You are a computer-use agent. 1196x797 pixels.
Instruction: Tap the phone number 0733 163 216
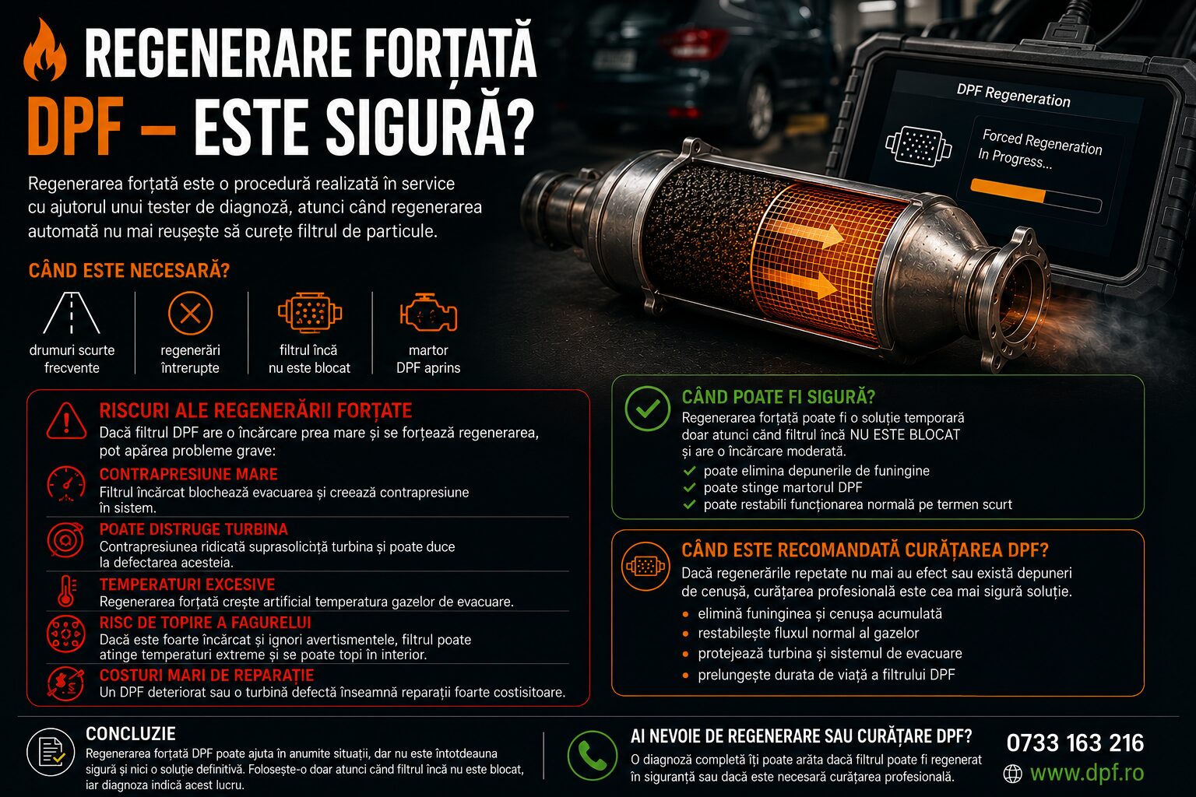(1075, 743)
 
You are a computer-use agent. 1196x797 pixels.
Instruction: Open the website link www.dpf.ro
(1086, 772)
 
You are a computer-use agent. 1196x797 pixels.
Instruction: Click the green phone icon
(592, 756)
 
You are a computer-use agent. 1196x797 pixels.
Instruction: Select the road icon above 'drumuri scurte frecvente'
(72, 313)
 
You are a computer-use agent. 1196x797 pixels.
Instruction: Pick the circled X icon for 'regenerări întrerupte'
(190, 314)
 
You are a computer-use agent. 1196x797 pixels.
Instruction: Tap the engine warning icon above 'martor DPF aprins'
(428, 313)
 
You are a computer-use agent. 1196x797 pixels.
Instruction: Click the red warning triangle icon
(66, 421)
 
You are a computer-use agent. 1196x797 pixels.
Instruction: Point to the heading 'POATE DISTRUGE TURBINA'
(193, 529)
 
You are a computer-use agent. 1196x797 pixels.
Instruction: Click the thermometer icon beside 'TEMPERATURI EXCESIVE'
(67, 592)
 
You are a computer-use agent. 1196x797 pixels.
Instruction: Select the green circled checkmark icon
(647, 409)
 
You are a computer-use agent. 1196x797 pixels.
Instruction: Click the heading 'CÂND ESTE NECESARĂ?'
(128, 271)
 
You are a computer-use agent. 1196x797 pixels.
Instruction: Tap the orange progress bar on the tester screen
(1008, 191)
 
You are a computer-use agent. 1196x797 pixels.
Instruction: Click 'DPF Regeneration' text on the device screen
(1013, 96)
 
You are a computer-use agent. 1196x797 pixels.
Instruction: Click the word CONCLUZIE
(131, 734)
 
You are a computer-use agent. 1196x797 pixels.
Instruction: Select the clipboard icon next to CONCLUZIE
(51, 752)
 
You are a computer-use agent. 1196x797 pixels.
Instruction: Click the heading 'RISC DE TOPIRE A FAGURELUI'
(205, 623)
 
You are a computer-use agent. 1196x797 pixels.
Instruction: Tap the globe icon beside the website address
(1012, 774)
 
